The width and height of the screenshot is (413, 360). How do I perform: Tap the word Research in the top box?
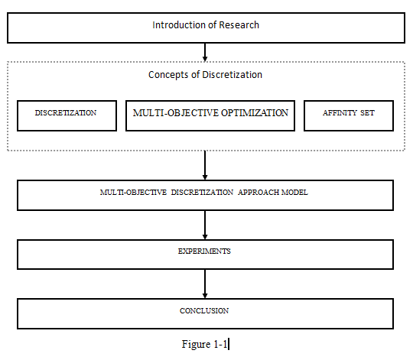[239, 25]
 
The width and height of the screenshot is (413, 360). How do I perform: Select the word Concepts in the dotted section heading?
[168, 75]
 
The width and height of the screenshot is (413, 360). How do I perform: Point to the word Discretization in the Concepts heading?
[232, 75]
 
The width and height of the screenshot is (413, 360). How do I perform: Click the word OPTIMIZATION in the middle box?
[255, 113]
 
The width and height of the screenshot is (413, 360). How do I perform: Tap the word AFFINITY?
[340, 113]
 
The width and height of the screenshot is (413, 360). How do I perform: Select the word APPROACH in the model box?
[259, 193]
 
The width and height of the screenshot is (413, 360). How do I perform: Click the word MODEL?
[294, 193]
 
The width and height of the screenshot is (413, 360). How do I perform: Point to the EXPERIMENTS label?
[204, 251]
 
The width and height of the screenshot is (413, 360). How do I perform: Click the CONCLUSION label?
[204, 311]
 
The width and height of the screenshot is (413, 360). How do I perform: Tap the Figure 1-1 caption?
[204, 344]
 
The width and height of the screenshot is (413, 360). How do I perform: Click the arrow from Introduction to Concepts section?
[205, 53]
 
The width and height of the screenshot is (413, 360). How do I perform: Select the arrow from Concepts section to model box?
[205, 166]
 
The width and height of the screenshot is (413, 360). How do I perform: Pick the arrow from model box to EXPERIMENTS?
[205, 225]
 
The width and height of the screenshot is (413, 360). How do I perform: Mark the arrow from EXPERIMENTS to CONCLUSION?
[205, 284]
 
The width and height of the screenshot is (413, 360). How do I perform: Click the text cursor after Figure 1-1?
[229, 344]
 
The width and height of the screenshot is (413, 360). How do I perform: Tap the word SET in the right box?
[367, 113]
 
